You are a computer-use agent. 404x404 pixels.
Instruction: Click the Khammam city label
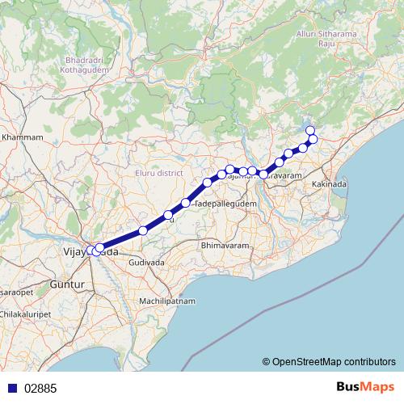pos(22,138)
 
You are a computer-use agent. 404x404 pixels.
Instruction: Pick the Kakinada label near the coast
pos(330,185)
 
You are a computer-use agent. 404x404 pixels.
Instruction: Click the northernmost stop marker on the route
pos(309,130)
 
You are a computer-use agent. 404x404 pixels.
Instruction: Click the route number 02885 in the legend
pos(40,388)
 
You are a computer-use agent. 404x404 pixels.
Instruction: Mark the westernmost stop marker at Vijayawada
pos(90,250)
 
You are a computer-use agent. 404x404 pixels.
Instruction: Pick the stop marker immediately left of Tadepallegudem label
pos(186,203)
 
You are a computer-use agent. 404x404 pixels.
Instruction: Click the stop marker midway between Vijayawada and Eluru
pos(143,231)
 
